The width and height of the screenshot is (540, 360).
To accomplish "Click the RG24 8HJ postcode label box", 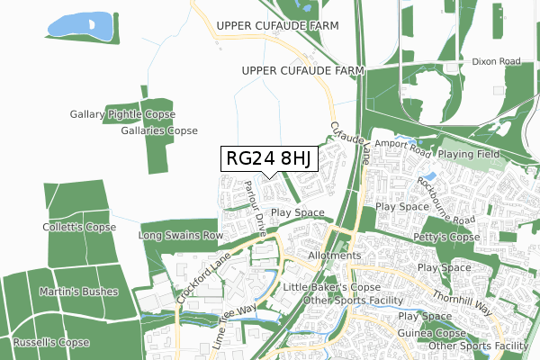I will (x=268, y=159).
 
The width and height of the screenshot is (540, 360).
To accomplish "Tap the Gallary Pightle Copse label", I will (x=122, y=115).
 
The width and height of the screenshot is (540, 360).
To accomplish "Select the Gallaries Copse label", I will (x=158, y=130).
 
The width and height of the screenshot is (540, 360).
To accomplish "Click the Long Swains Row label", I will (x=180, y=236).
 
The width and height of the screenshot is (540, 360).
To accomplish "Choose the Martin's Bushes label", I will (x=75, y=292).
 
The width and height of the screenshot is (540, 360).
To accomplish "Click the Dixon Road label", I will (x=496, y=62).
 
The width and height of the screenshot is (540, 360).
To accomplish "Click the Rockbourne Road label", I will (x=445, y=200).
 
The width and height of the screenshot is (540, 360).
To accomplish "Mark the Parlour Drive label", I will (x=254, y=207).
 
